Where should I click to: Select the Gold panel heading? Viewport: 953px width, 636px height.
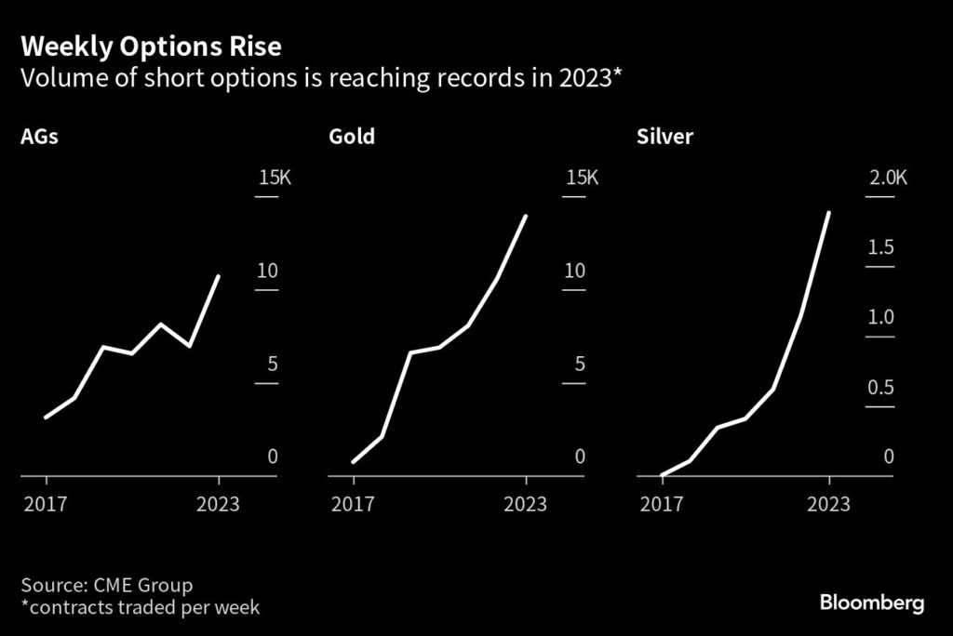(352, 138)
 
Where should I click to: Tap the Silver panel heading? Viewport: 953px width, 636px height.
(664, 138)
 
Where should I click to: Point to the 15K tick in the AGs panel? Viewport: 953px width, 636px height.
(275, 178)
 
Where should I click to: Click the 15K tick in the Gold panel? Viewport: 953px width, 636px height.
(583, 178)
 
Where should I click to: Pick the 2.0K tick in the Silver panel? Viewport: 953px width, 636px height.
(887, 178)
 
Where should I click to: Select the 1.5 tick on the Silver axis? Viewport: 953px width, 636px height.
(881, 247)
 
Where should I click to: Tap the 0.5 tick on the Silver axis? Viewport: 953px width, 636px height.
(881, 387)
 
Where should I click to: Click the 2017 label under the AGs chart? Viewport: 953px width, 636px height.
(46, 504)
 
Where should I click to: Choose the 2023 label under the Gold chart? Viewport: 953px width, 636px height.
(526, 504)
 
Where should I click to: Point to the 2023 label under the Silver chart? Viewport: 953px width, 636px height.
(828, 504)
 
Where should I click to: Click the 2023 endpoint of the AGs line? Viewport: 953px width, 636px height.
(219, 276)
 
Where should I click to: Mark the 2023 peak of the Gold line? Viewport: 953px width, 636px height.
(526, 217)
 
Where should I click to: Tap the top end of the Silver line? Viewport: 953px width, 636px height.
(828, 213)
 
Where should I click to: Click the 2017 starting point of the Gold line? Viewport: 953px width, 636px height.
(354, 461)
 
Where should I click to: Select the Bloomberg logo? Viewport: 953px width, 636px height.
(872, 603)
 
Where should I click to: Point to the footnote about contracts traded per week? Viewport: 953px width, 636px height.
(140, 608)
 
